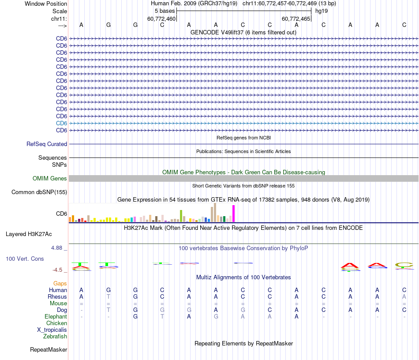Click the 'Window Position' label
pyautogui.click(x=46, y=4)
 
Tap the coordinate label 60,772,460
pyautogui.click(x=161, y=19)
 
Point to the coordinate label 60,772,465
pyautogui.click(x=296, y=19)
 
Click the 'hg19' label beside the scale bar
pyautogui.click(x=322, y=11)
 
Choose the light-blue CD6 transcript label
pyautogui.click(x=61, y=123)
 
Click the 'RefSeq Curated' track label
pyautogui.click(x=47, y=144)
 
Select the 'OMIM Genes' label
pyautogui.click(x=50, y=178)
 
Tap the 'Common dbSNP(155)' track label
pyautogui.click(x=39, y=192)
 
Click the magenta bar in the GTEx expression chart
pyautogui.click(x=234, y=214)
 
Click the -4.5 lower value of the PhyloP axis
pyautogui.click(x=58, y=270)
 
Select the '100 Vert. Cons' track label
pyautogui.click(x=25, y=259)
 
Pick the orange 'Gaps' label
pyautogui.click(x=60, y=283)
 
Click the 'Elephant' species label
pyautogui.click(x=56, y=316)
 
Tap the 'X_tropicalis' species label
pyautogui.click(x=52, y=330)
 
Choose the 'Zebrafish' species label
pyautogui.click(x=55, y=336)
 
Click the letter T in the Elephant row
pyautogui.click(x=162, y=316)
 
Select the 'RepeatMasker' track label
pyautogui.click(x=49, y=350)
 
